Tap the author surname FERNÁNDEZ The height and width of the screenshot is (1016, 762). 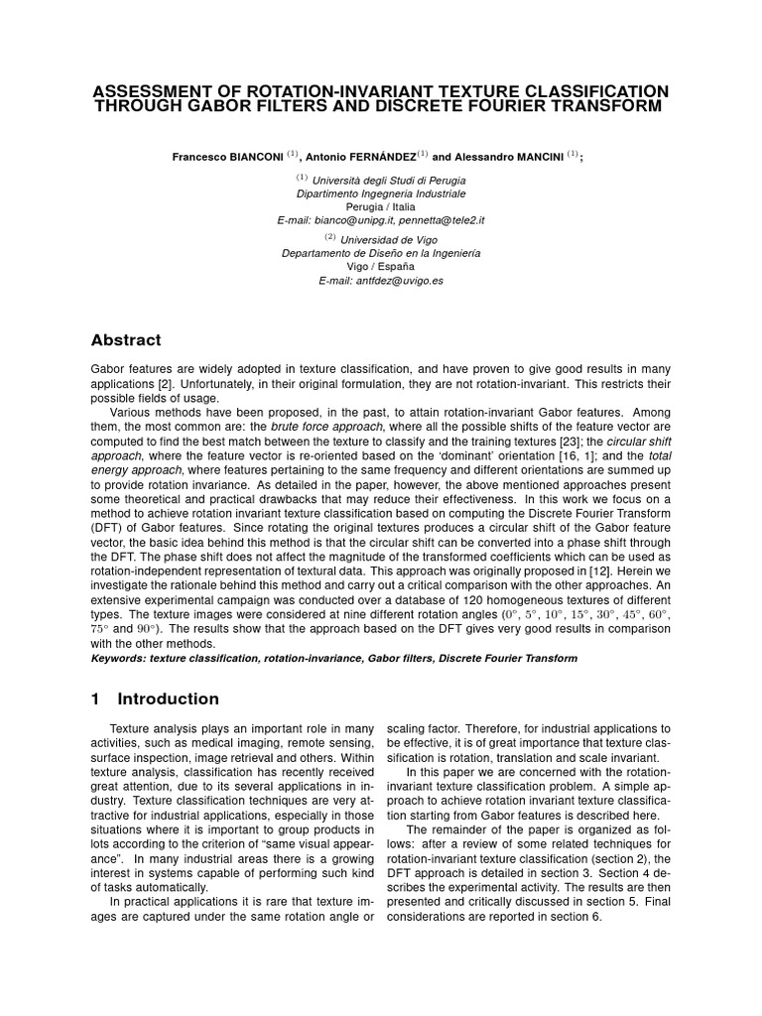[x=379, y=157]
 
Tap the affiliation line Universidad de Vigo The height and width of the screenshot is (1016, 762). [x=388, y=240]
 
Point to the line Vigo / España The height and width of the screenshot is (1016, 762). [x=381, y=267]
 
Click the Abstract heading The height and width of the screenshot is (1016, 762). [x=125, y=340]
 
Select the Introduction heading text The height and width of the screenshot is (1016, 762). [x=168, y=698]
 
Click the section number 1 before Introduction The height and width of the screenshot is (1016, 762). [x=95, y=698]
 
